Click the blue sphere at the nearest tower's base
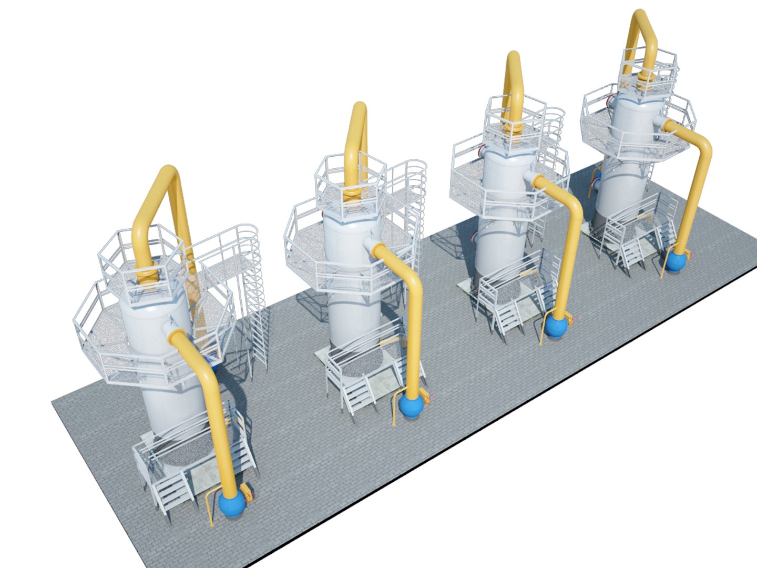pos(232,504)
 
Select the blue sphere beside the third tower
pos(556,326)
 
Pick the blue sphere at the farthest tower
pos(677,261)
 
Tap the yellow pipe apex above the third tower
pos(513,58)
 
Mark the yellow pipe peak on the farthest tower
pos(640,16)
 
